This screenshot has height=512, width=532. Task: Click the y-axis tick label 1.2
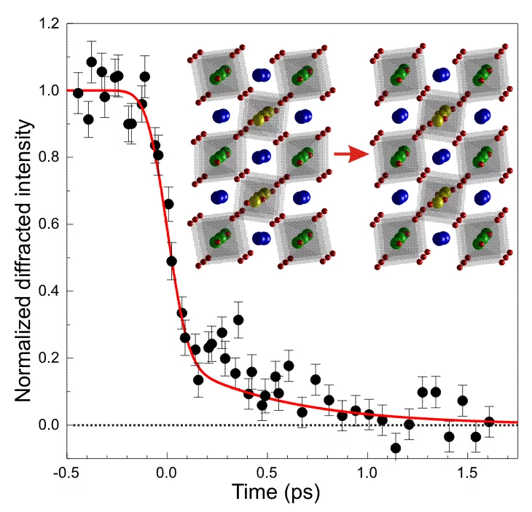[49, 24]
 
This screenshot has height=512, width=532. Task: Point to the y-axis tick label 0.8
[49, 157]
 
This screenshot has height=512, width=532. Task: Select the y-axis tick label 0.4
[49, 291]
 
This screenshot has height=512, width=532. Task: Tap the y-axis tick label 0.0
[49, 425]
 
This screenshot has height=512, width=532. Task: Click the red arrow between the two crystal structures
[348, 154]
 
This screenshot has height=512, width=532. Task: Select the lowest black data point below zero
[396, 448]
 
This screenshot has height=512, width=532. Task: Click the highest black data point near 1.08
[92, 62]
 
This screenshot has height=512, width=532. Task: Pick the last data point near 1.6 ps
[489, 422]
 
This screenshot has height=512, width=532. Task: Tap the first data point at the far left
[78, 92]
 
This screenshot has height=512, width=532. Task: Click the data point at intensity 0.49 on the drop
[172, 261]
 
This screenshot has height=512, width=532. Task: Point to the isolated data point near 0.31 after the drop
[238, 320]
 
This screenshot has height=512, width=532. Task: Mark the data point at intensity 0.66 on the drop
[169, 204]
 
